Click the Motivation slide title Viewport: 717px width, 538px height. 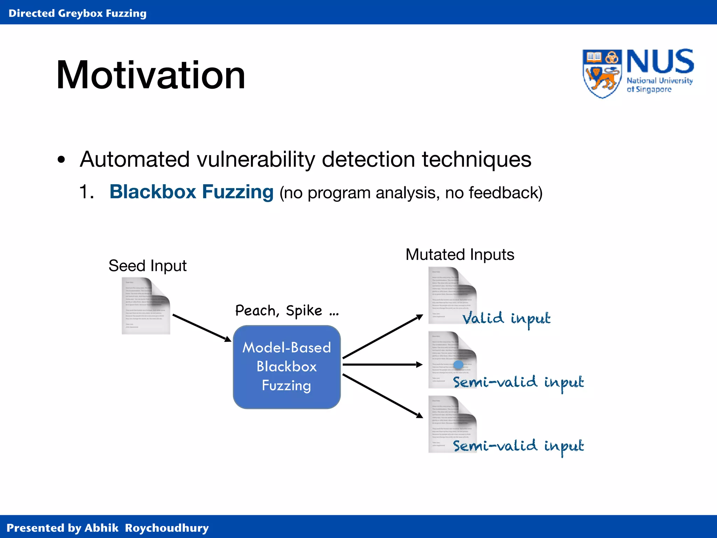pos(151,75)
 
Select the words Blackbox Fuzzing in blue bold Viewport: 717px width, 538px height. pos(191,192)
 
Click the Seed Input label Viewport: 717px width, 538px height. pos(147,265)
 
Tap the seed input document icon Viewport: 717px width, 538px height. pos(146,305)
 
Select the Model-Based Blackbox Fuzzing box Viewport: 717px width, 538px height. pos(287,367)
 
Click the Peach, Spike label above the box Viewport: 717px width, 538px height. pos(287,311)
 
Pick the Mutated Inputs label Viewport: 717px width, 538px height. pos(460,255)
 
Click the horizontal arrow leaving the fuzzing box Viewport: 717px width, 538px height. pos(382,365)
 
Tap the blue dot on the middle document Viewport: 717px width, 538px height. pos(458,365)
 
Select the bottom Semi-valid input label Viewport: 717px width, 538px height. pos(518,446)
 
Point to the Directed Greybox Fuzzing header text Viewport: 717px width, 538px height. pos(77,13)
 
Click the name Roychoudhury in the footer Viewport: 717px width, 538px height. pos(167,528)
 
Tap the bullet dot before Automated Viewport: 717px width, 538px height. pos(62,160)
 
